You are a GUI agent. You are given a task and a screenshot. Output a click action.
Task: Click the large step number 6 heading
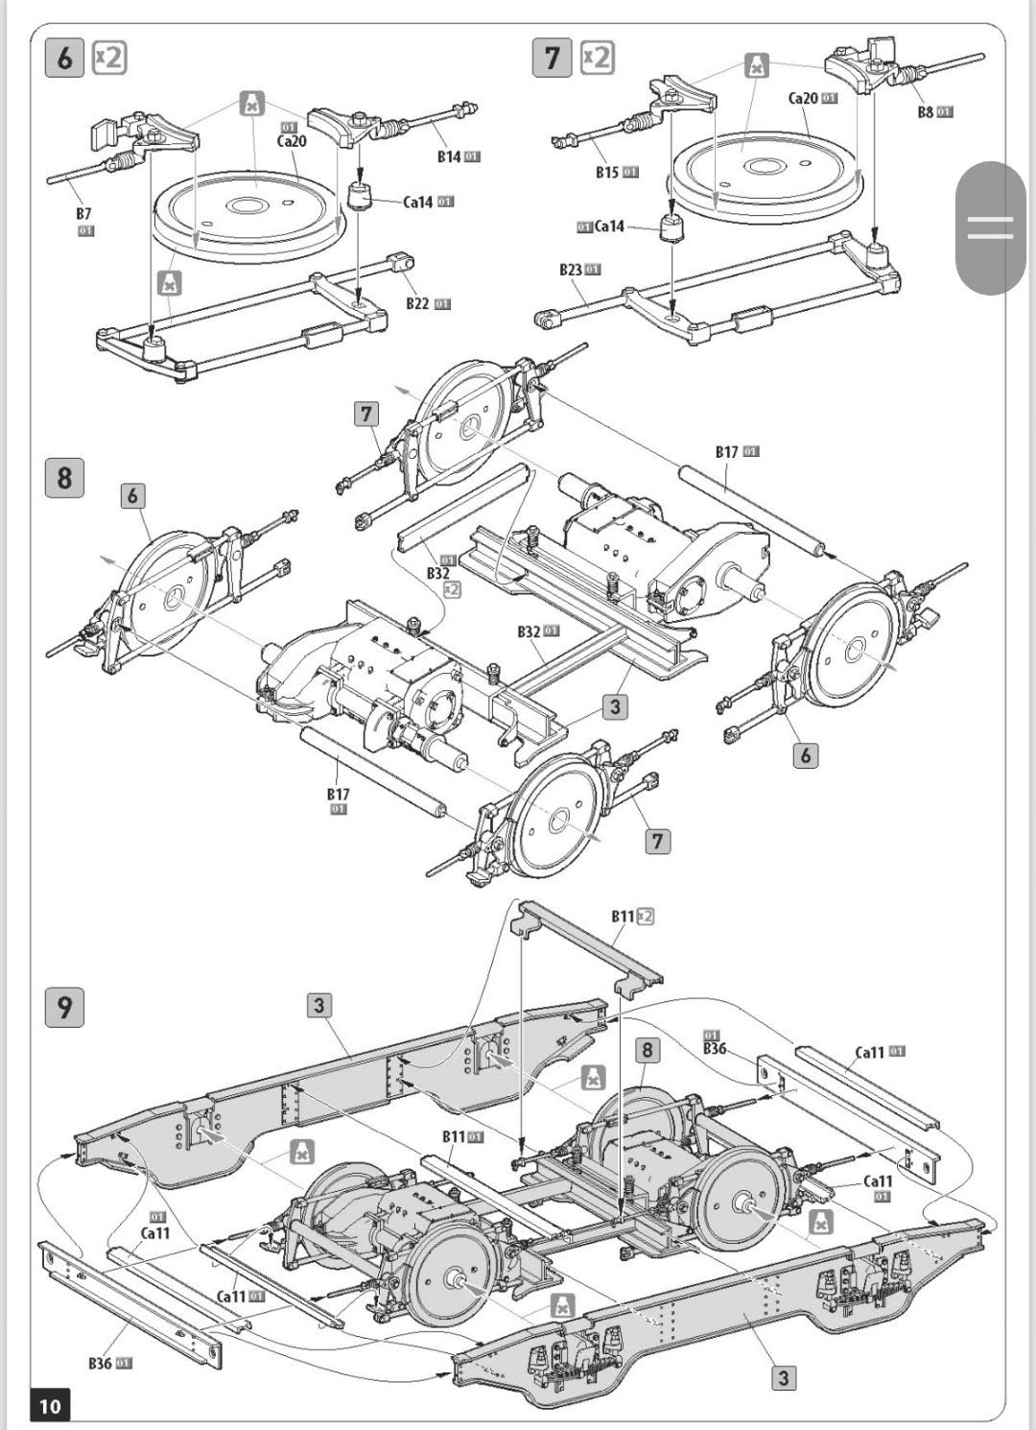(x=64, y=58)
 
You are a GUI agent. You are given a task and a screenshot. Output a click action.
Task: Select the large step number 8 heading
(x=64, y=478)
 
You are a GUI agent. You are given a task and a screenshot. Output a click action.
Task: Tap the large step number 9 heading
(x=64, y=1008)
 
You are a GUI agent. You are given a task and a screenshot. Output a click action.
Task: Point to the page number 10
(x=50, y=1406)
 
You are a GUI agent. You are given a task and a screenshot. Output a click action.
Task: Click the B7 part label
(x=84, y=214)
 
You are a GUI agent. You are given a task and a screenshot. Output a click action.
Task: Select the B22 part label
(x=417, y=303)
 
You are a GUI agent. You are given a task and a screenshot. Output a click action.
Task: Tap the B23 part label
(x=571, y=270)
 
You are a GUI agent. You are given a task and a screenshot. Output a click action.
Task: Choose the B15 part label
(x=607, y=173)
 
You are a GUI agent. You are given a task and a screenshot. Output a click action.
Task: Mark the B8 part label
(x=926, y=112)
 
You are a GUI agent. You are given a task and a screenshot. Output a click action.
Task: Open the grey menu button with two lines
(x=990, y=228)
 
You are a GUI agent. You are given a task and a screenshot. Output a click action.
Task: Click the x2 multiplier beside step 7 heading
(x=597, y=58)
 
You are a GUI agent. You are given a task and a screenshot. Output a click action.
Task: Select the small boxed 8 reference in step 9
(x=647, y=1050)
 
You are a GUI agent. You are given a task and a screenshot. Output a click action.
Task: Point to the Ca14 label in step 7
(x=609, y=226)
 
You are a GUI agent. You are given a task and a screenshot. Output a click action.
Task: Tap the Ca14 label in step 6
(x=418, y=202)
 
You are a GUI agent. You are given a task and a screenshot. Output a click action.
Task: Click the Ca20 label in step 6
(x=292, y=141)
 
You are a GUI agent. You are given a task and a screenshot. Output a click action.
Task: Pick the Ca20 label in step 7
(x=804, y=98)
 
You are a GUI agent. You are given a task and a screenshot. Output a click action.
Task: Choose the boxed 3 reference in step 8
(x=615, y=707)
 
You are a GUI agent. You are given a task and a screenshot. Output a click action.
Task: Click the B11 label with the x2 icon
(x=624, y=917)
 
